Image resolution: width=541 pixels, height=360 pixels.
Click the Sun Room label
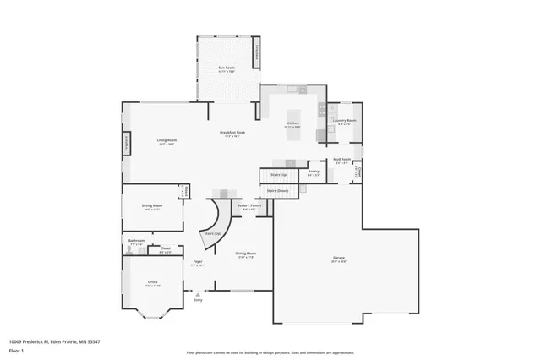point(226,68)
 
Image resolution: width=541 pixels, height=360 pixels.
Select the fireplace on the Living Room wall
point(128,145)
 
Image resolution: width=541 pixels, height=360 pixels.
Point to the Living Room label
point(166,141)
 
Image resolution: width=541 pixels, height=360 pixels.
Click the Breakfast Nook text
point(232,133)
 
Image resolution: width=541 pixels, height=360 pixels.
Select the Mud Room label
point(342,160)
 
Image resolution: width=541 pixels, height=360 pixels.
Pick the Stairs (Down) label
point(278,191)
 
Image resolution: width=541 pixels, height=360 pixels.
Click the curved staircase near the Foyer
point(214,225)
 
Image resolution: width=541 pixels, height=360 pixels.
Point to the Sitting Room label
point(152,206)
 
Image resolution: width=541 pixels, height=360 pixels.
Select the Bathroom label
point(137,241)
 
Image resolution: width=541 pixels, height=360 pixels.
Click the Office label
point(152,283)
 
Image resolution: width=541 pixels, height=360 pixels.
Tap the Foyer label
point(197,264)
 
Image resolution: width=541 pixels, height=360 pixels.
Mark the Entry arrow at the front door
point(198,294)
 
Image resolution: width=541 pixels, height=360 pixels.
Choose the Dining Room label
point(245,254)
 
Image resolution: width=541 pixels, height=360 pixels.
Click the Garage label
point(338,260)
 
